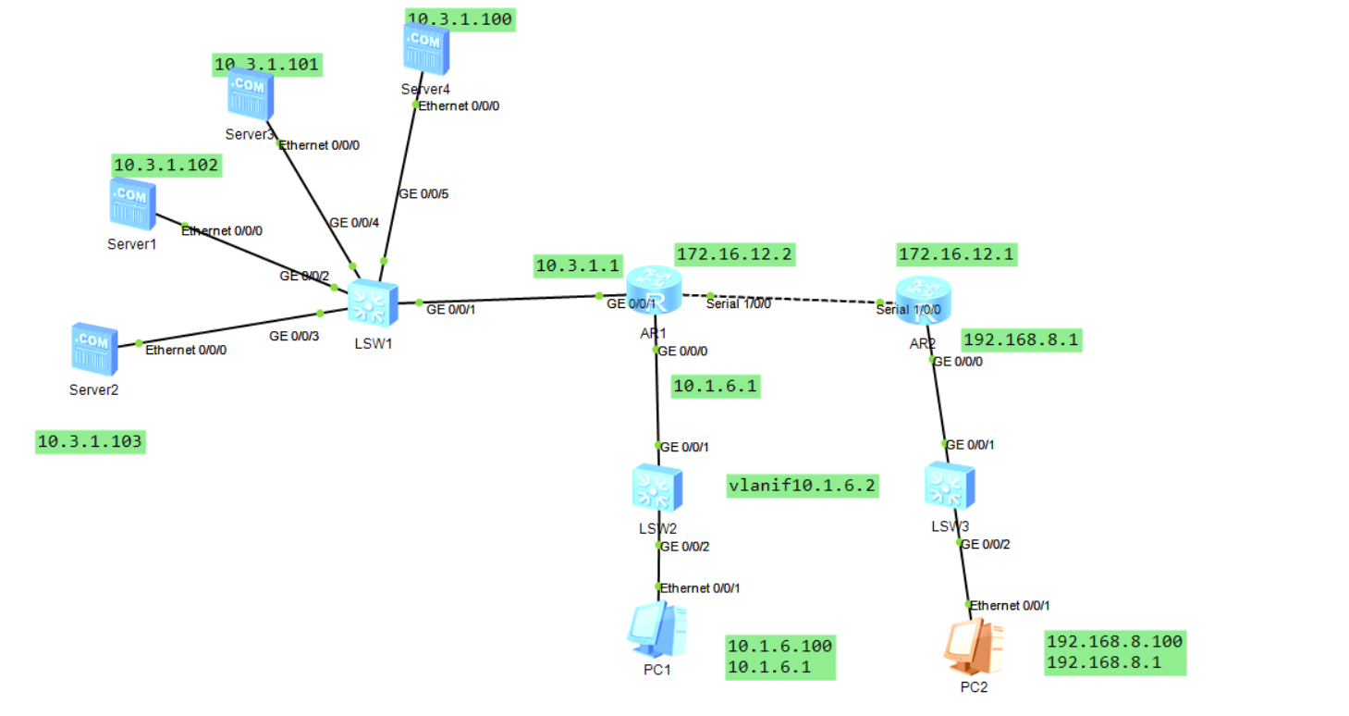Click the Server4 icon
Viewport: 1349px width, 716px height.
(x=426, y=48)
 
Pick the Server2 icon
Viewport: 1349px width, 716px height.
(x=94, y=349)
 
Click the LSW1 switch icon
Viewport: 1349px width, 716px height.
(x=372, y=302)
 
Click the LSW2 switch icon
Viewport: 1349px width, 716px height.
(x=656, y=488)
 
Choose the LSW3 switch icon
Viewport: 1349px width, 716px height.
(x=949, y=485)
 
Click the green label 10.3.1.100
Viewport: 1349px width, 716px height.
(x=460, y=19)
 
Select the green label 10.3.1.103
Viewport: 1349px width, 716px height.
(x=90, y=441)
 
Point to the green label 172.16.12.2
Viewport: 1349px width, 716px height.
(x=735, y=253)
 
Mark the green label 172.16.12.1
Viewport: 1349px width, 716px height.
(x=956, y=253)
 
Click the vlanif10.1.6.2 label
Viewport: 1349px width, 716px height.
(x=802, y=484)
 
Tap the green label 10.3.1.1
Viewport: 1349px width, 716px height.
(x=577, y=265)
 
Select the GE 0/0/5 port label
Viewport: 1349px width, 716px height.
(x=423, y=194)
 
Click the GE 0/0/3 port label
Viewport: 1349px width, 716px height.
(x=294, y=336)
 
